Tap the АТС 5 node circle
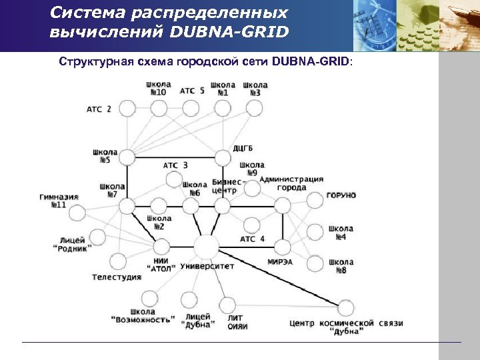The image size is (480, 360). (192, 107)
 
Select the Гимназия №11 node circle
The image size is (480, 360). (77, 213)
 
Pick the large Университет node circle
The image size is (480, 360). (207, 247)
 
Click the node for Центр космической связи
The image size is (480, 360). (345, 308)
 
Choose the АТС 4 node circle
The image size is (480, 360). (251, 225)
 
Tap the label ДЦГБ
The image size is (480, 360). (243, 147)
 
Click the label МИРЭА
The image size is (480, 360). (280, 262)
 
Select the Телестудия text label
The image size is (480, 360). (117, 277)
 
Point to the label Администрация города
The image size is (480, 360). (291, 183)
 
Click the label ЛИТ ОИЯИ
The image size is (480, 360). (237, 322)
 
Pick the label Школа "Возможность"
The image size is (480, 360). (143, 315)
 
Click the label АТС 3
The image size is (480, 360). (175, 165)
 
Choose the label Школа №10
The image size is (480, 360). (158, 89)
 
